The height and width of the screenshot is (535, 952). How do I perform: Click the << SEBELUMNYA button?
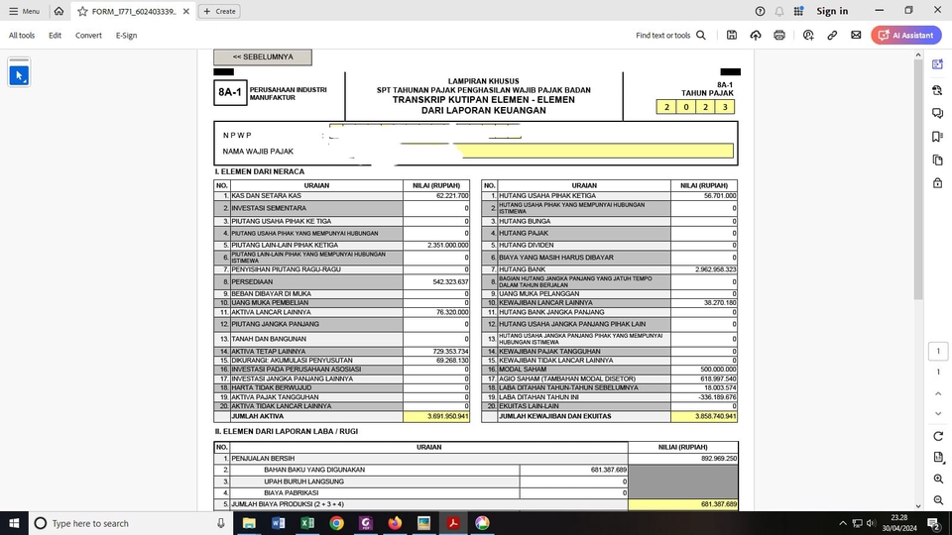tap(262, 57)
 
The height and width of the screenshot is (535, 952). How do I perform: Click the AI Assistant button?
tap(907, 35)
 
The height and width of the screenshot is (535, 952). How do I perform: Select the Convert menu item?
tap(88, 35)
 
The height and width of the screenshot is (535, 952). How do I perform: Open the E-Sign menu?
tap(126, 35)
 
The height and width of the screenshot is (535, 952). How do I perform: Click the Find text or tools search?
tap(671, 35)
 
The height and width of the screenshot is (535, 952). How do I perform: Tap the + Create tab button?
tap(219, 11)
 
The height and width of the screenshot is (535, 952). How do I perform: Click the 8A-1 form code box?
tap(229, 94)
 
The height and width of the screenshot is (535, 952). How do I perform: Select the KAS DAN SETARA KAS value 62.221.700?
tap(436, 196)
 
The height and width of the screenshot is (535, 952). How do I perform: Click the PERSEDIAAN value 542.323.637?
tap(436, 281)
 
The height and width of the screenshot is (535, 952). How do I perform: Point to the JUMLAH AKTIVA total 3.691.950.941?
tap(436, 416)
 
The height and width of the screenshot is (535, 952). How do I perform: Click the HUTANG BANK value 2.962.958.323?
tap(703, 269)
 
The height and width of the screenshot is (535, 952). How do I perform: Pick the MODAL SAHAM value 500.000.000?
tap(703, 368)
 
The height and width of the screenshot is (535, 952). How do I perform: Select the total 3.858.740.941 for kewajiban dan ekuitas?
tap(703, 416)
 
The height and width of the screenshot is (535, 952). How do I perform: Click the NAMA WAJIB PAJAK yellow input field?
tap(595, 152)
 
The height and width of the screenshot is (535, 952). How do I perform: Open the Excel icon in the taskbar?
tap(307, 523)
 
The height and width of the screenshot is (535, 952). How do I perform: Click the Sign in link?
tap(832, 11)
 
